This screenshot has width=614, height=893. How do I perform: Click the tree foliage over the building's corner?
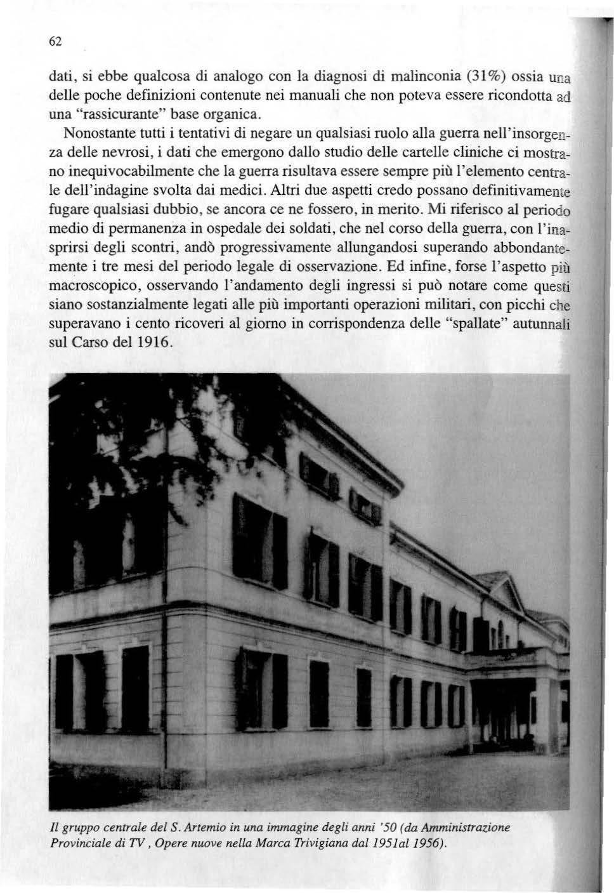114,444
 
